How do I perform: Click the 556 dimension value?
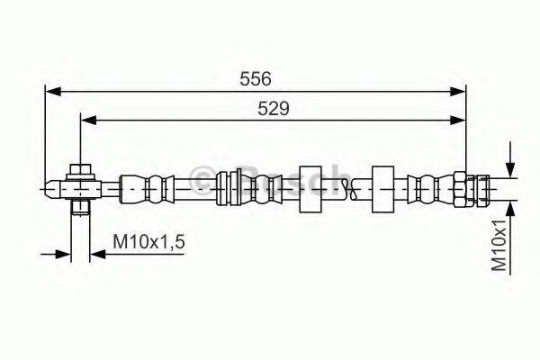pos(256,79)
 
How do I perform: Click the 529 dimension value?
pos(274,109)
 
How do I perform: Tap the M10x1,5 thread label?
pos(148,241)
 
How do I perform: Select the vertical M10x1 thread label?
pos(499,246)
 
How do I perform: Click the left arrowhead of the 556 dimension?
pos(53,91)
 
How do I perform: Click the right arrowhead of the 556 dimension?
pos(458,91)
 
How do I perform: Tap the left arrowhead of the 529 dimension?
pos(88,121)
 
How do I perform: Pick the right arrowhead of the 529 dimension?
pos(458,121)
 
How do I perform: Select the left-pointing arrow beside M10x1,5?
pos(137,254)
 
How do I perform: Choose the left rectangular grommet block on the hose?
pos(310,189)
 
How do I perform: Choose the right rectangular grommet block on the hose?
pos(383,189)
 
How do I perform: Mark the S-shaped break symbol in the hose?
pos(353,189)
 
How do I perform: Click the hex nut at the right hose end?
pos(460,189)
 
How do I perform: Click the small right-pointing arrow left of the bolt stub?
pos(56,254)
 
